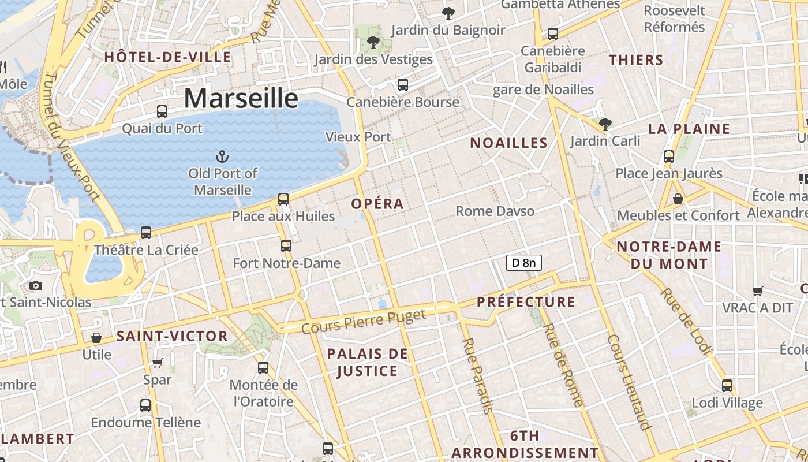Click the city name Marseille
[x=241, y=98]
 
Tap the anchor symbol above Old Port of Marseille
[x=222, y=156]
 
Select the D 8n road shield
[x=523, y=263]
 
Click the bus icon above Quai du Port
[x=162, y=111]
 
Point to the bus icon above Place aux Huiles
[x=283, y=199]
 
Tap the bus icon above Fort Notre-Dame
[x=286, y=246]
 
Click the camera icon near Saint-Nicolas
[x=36, y=285]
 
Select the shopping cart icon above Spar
[x=157, y=363]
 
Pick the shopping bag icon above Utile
[x=96, y=337]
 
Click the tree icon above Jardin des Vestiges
[x=373, y=42]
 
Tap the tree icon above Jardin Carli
[x=605, y=123]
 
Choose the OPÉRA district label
[x=377, y=204]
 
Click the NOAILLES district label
[x=508, y=143]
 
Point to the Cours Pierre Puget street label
[x=364, y=321]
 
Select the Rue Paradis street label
[x=477, y=375]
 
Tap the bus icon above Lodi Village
[x=727, y=385]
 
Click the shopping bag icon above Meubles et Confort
[x=678, y=199]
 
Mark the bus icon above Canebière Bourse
[x=403, y=84]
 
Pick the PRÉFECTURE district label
[x=526, y=302]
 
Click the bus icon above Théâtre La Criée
[x=146, y=232]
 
